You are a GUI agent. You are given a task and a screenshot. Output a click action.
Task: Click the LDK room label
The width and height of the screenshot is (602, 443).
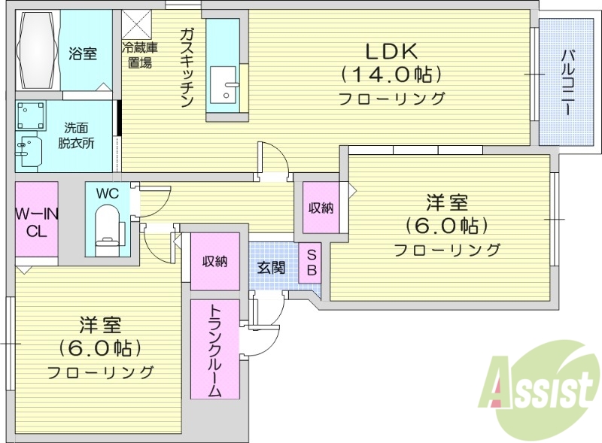[390, 52]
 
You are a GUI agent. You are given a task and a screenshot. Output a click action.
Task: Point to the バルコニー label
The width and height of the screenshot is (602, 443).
[569, 82]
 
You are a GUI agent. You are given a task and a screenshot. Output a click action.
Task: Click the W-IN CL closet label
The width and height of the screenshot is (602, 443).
[36, 223]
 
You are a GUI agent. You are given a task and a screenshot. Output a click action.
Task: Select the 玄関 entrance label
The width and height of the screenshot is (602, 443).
[272, 267]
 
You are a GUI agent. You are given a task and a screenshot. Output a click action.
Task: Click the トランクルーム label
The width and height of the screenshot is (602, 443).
[214, 350]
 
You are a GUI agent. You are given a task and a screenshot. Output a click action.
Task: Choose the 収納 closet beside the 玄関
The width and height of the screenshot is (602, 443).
[214, 261]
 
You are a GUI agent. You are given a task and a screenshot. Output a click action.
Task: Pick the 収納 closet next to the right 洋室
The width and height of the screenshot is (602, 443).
[321, 208]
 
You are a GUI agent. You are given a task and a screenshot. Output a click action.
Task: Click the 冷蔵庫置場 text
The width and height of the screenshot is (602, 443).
[139, 56]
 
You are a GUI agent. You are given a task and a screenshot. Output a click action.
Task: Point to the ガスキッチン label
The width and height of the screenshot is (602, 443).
[187, 68]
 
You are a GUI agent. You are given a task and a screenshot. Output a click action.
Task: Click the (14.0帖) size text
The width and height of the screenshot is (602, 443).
[390, 74]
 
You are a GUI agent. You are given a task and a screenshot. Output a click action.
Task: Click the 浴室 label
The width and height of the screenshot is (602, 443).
[82, 53]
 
